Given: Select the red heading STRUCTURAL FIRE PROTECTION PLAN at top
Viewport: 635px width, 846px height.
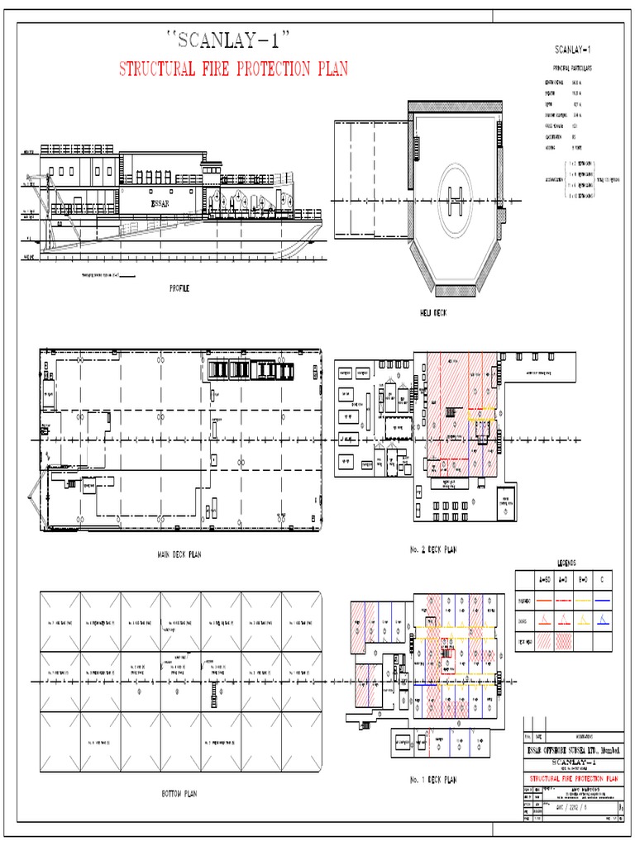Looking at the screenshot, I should point(233,69).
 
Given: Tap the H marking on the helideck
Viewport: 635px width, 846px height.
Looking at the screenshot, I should point(454,197).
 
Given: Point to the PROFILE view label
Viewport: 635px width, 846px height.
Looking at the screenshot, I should point(179,288).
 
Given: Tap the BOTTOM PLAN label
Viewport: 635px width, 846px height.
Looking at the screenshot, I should point(179,794).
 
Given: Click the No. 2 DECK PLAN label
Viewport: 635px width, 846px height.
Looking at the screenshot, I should point(432,549).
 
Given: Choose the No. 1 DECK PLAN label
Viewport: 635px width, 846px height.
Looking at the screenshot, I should point(432,779).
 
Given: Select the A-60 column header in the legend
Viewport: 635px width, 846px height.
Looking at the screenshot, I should point(544,579).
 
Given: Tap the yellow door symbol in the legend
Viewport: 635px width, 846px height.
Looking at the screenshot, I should point(584,619).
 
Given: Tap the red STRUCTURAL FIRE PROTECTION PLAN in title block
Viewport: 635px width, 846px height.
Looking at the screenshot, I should point(572,779).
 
